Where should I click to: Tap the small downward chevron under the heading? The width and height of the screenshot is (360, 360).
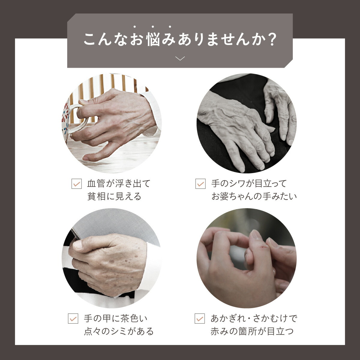[x=180, y=58]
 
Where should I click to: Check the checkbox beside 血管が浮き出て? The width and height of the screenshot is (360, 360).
[x=76, y=184]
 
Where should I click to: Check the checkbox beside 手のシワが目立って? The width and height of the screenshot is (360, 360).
[x=200, y=184]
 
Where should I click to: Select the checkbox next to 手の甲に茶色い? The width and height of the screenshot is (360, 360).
[x=73, y=318]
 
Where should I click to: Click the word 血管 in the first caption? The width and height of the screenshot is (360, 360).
[x=94, y=183]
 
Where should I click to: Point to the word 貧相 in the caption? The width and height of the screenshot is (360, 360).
[x=94, y=196]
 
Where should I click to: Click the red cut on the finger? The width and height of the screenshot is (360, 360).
[x=264, y=247]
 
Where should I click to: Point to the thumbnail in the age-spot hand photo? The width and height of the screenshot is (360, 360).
[x=77, y=244]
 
